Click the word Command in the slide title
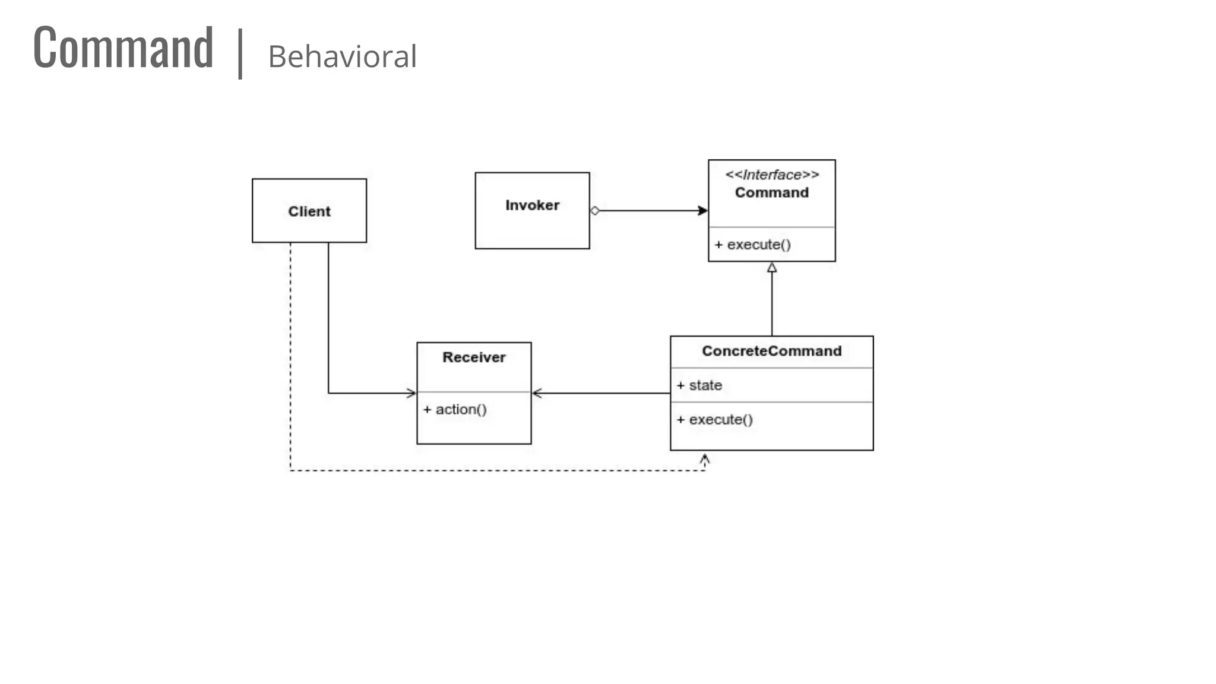click(x=123, y=47)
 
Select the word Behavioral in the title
click(x=342, y=57)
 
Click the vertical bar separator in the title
click(x=240, y=53)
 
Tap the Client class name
click(x=309, y=211)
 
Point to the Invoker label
click(x=532, y=205)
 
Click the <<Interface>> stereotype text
click(x=771, y=175)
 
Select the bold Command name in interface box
click(x=771, y=192)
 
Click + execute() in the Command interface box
click(x=752, y=245)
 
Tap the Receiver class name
click(x=474, y=357)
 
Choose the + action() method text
click(x=455, y=410)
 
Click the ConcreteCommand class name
click(x=771, y=351)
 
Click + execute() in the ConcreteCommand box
click(x=715, y=420)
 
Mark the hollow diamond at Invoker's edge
click(x=595, y=211)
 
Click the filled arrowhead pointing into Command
click(x=702, y=211)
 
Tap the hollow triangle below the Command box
click(x=772, y=268)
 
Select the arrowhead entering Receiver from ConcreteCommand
click(x=537, y=393)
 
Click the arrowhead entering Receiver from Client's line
click(x=411, y=393)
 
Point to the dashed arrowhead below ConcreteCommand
click(x=705, y=460)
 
